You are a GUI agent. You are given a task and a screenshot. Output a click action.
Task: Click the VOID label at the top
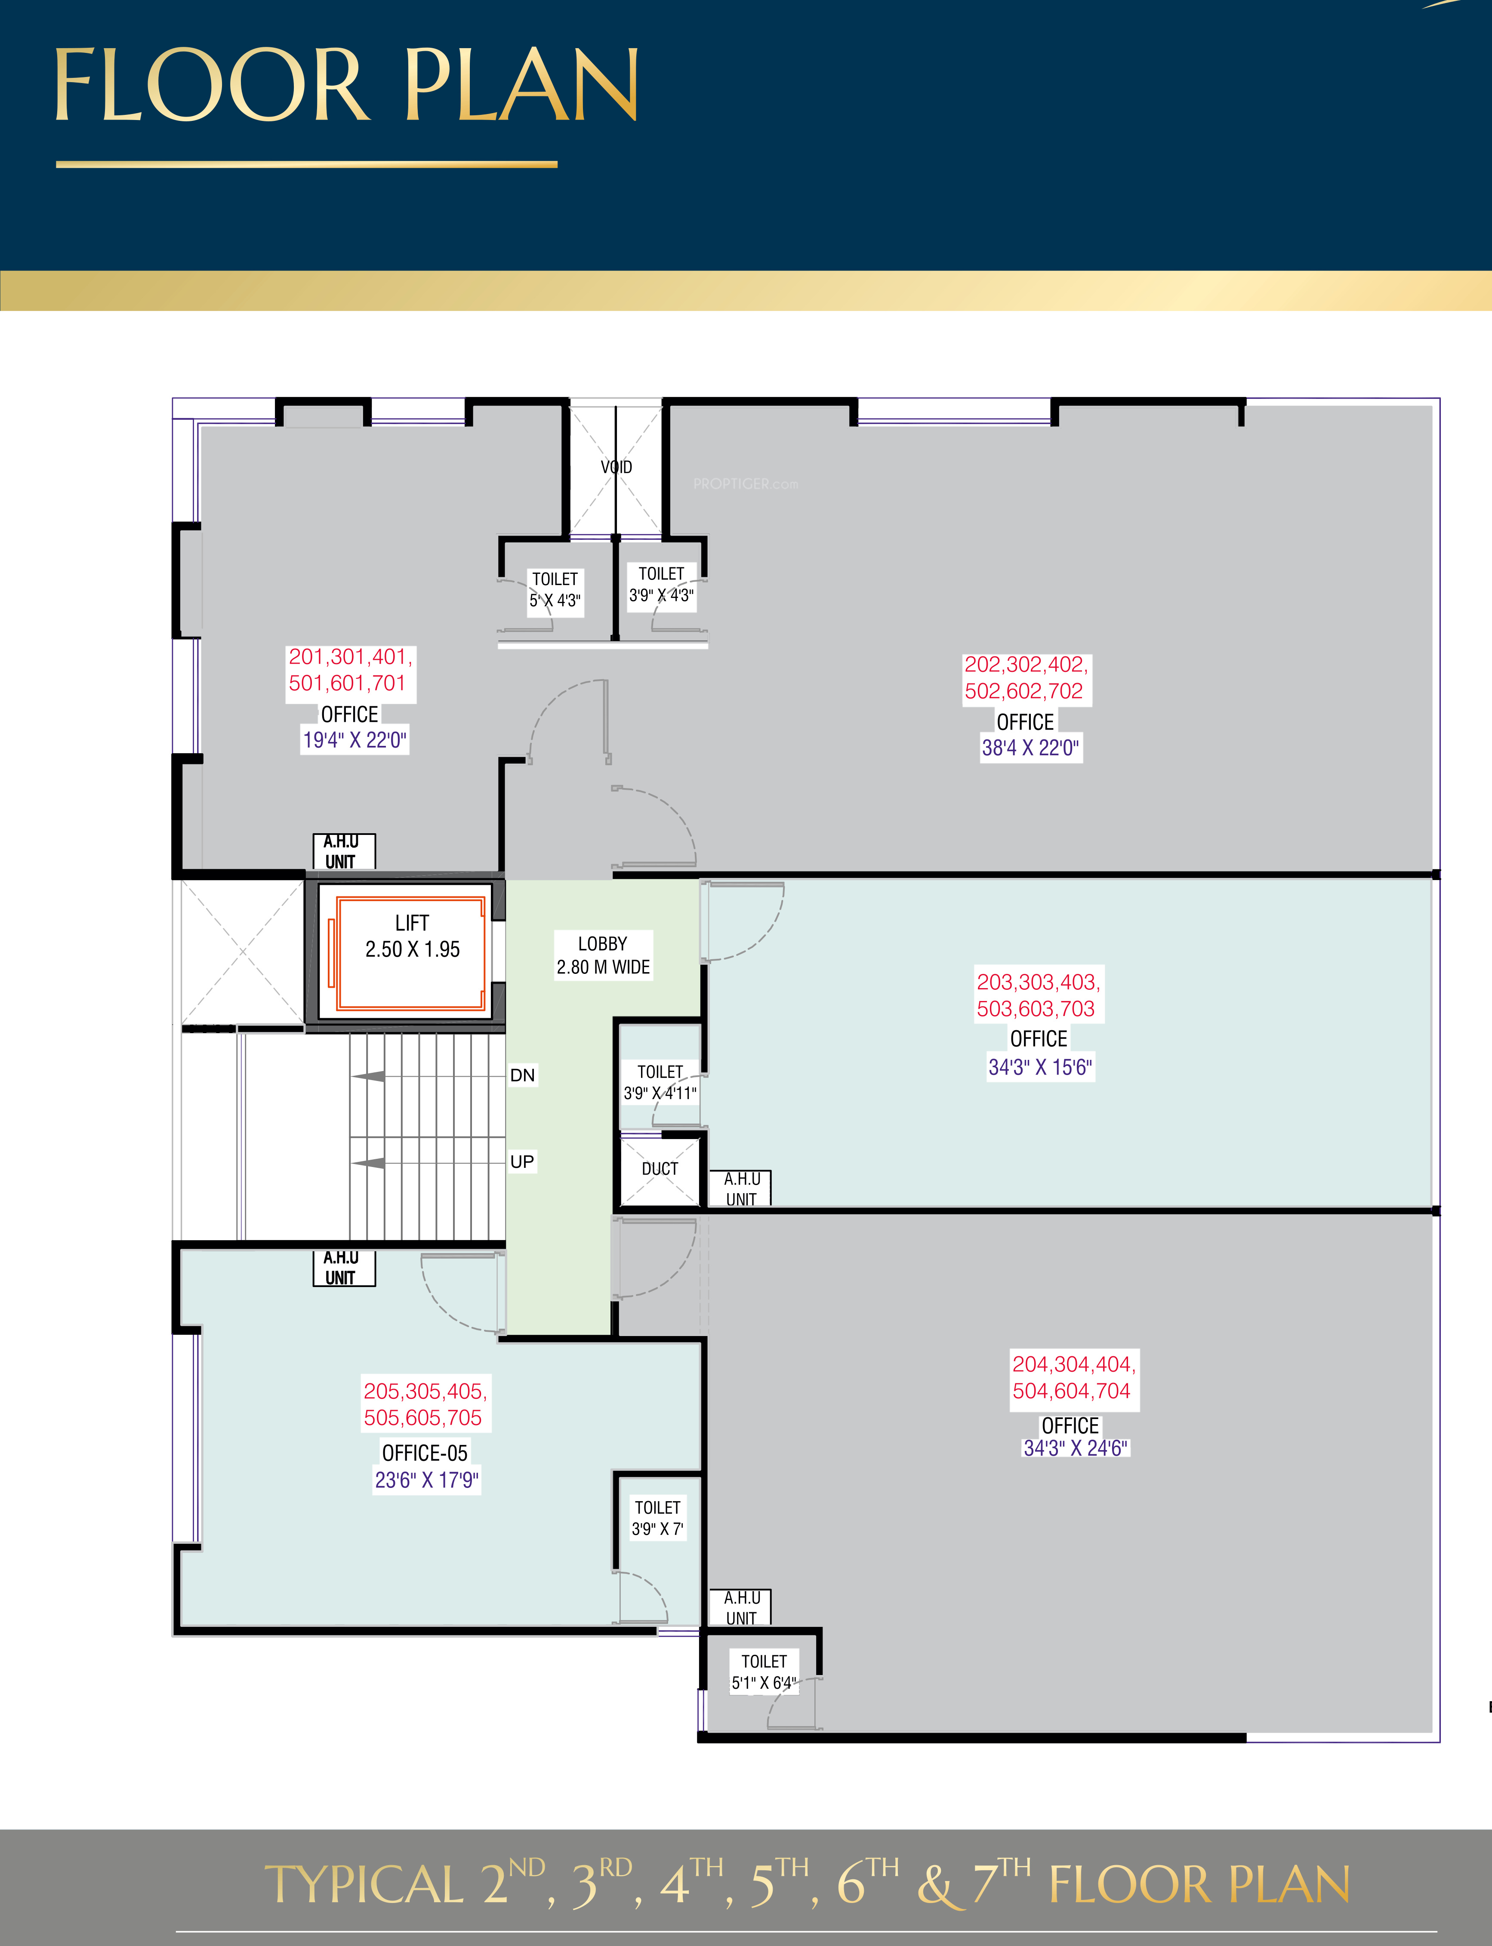617,467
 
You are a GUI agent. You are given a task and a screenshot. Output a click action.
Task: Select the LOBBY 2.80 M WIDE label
603,955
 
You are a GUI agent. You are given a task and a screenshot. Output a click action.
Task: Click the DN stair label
522,1075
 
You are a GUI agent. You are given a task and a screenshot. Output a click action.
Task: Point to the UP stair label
522,1161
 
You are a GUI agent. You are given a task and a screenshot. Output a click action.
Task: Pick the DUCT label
660,1169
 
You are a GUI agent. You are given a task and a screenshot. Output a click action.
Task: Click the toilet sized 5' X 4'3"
555,589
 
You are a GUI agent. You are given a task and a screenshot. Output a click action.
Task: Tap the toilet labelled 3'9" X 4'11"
660,1082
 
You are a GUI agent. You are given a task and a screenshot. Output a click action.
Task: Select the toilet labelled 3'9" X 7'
657,1518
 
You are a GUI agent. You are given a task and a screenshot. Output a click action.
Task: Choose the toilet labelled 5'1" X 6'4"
764,1672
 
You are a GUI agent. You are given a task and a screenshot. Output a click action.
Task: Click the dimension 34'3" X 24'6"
1076,1448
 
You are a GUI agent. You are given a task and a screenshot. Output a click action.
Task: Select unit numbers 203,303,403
1038,982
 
